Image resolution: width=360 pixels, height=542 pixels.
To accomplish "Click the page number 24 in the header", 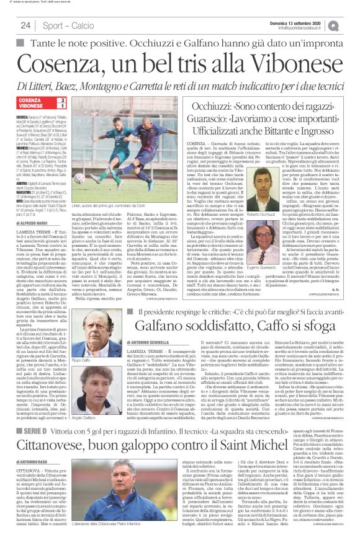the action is tap(25, 25).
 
